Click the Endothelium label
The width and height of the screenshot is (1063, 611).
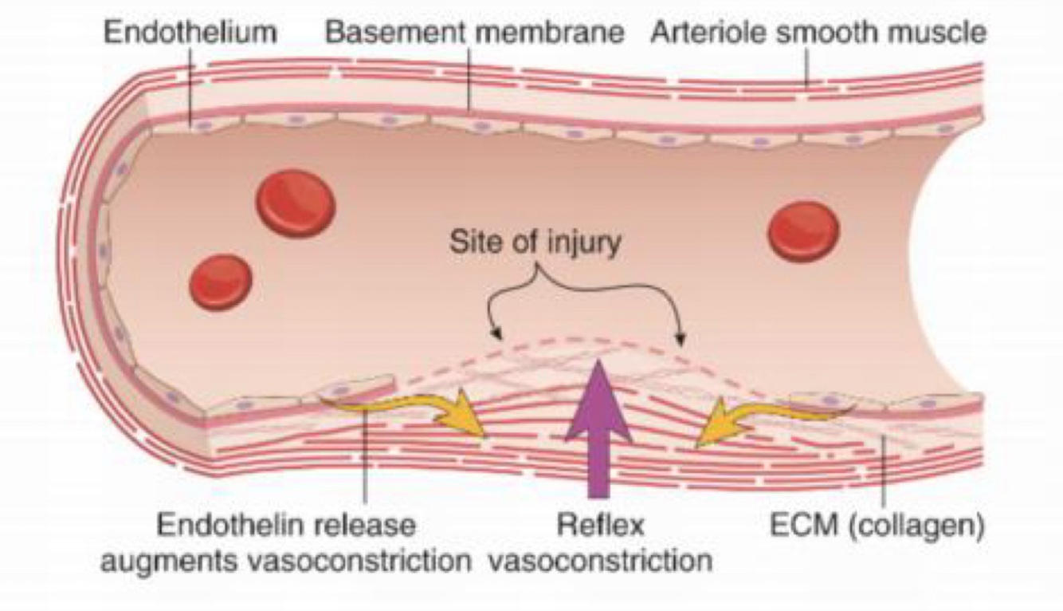(190, 34)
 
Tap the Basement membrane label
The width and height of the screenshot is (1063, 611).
(475, 34)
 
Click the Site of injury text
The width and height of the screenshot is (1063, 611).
(534, 242)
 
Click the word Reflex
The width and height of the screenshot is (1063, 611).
(599, 526)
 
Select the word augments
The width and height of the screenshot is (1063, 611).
(165, 561)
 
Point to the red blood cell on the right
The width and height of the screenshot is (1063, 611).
(803, 231)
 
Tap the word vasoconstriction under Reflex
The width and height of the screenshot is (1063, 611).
(599, 561)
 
